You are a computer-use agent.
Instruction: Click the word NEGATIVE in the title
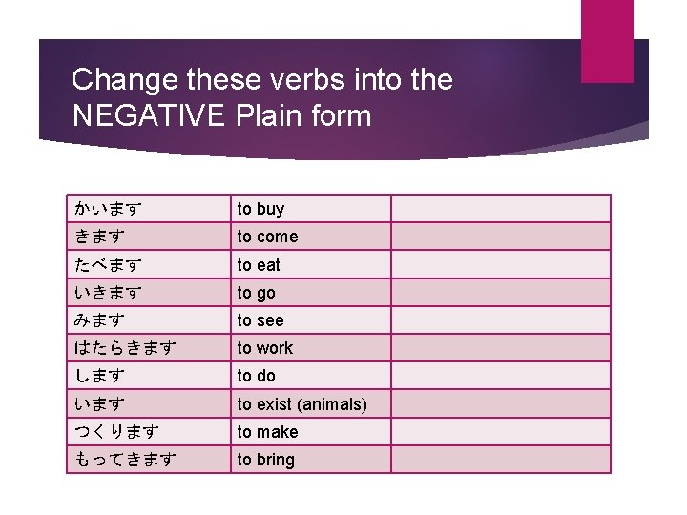[147, 117]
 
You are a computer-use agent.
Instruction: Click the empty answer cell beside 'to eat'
[500, 264]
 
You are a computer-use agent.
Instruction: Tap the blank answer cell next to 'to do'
[500, 376]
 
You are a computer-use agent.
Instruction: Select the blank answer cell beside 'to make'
[500, 432]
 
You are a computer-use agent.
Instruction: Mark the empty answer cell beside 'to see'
[500, 320]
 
